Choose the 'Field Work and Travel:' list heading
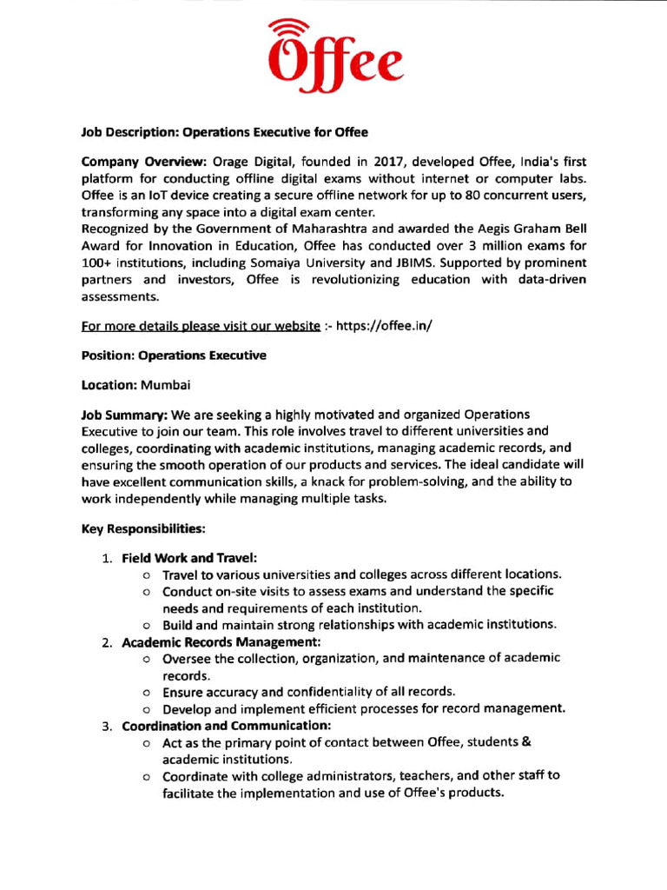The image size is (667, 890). pyautogui.click(x=188, y=557)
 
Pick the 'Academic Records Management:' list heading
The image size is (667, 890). pyautogui.click(x=221, y=641)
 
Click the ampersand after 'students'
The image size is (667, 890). pyautogui.click(x=525, y=741)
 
